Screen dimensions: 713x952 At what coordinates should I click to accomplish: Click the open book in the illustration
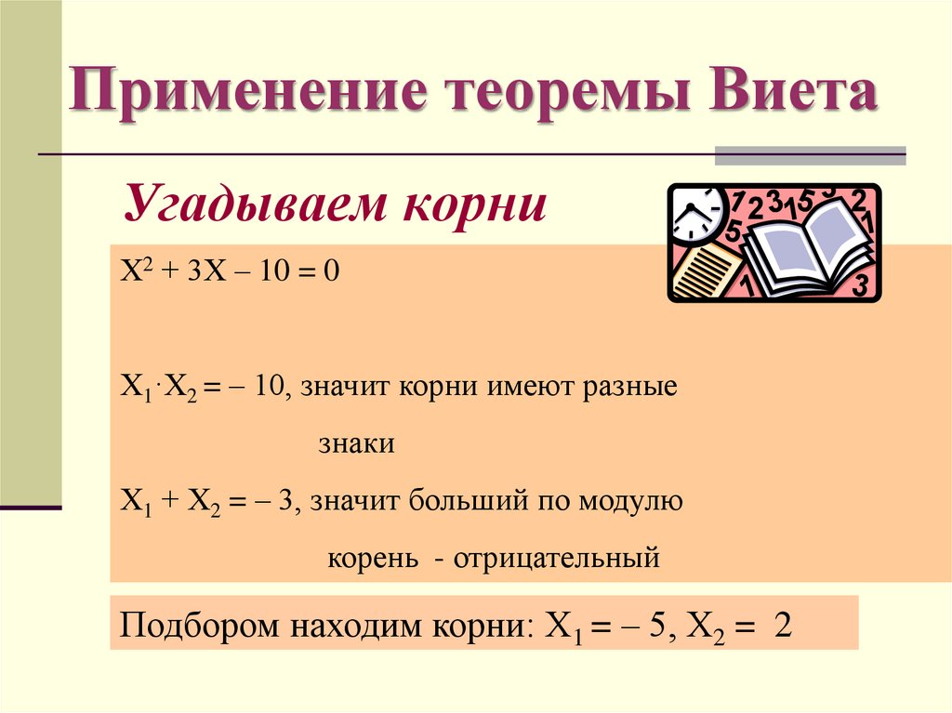[805, 248]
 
